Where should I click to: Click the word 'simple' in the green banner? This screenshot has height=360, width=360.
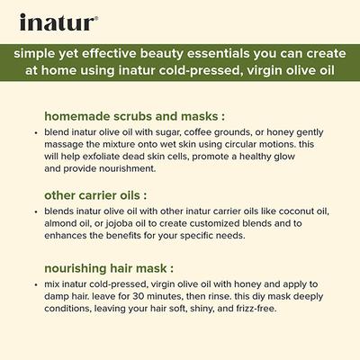coord(38,52)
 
